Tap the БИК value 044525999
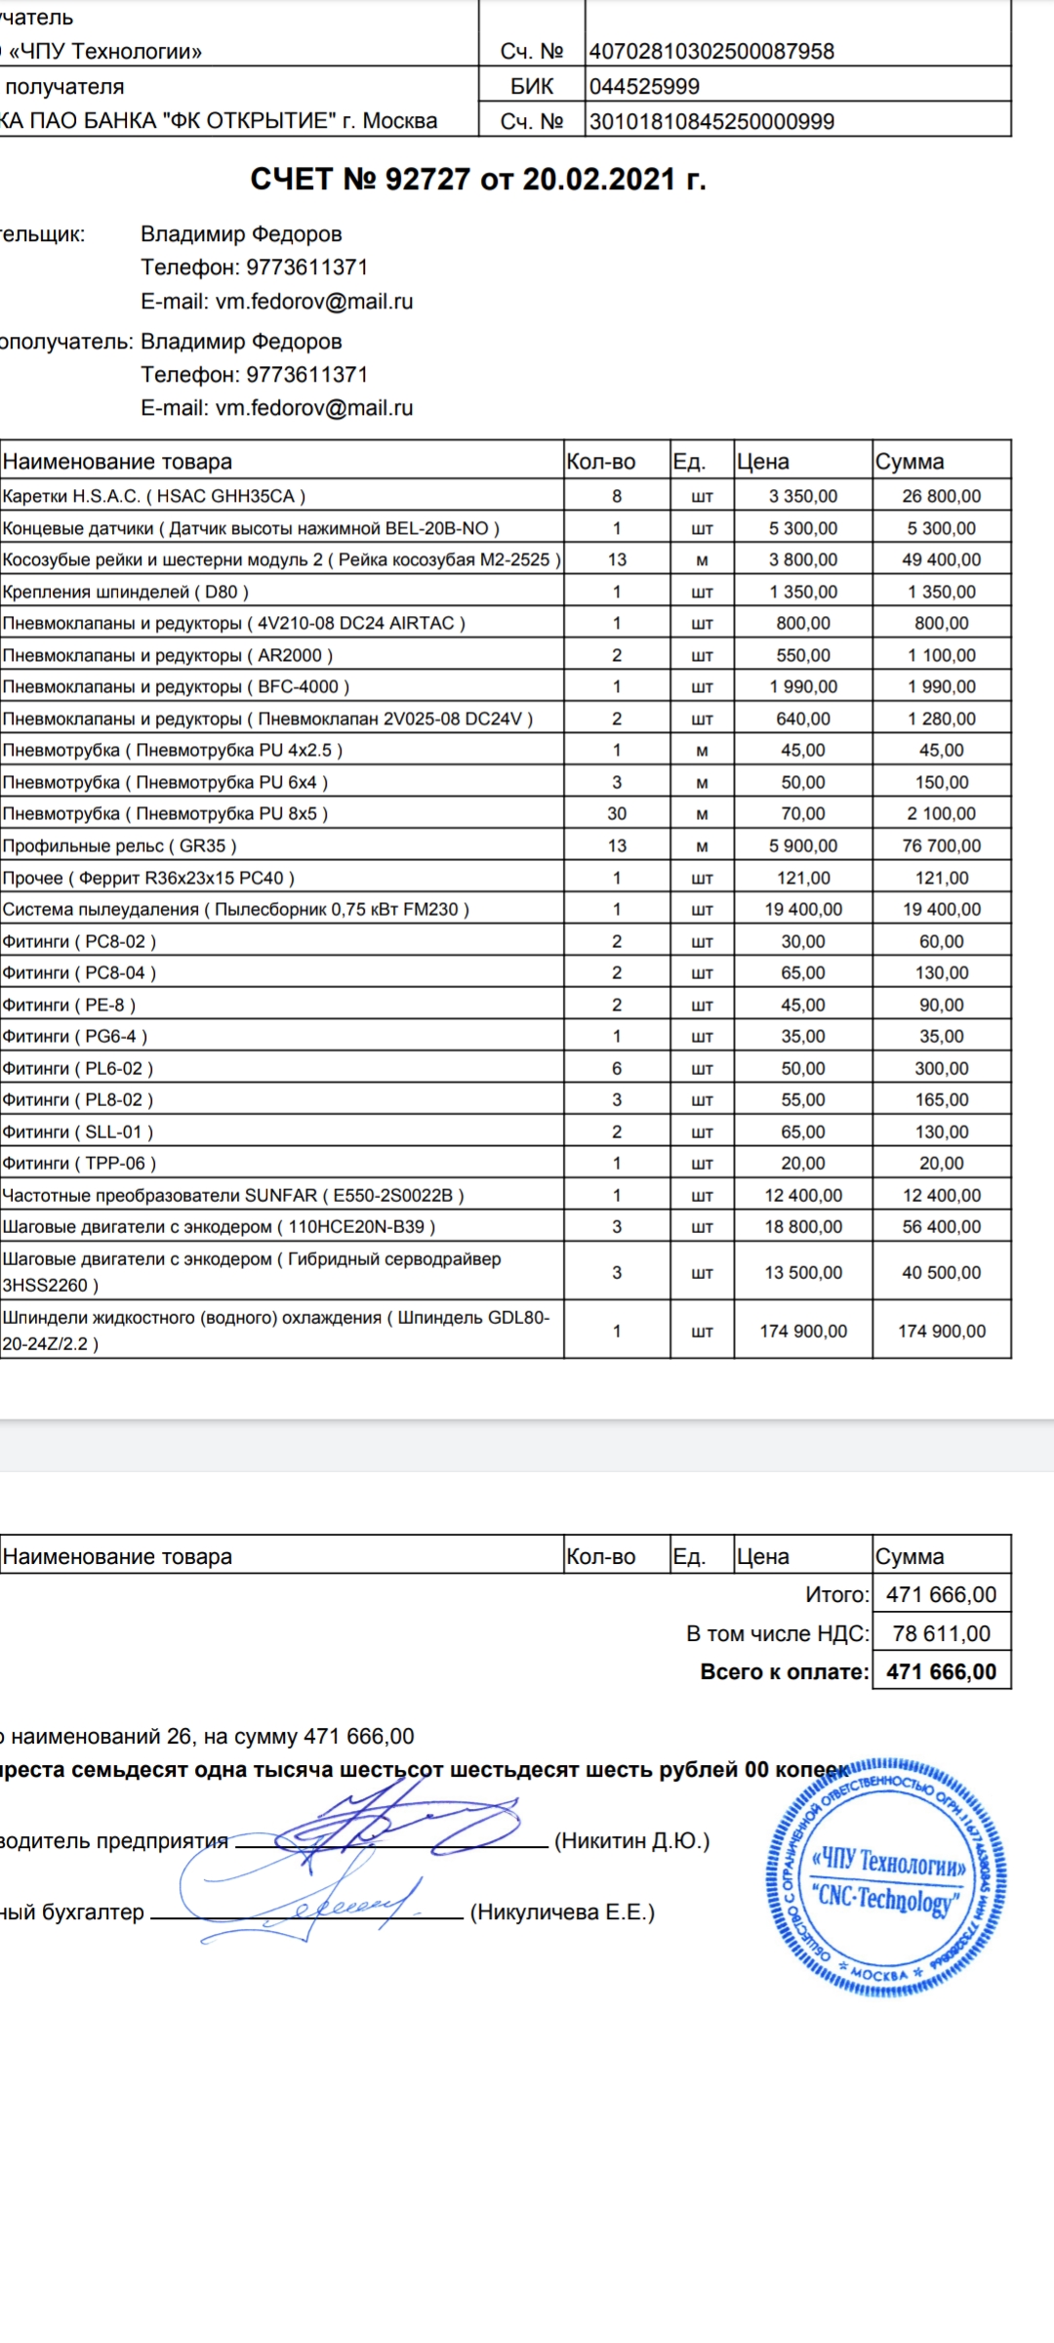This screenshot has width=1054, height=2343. (x=644, y=87)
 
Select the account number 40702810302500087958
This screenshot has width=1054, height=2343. (x=711, y=52)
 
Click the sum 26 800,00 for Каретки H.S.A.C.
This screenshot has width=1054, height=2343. (x=941, y=496)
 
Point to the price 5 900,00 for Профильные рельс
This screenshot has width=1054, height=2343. (x=802, y=845)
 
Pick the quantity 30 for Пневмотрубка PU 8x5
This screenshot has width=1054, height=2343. (x=617, y=813)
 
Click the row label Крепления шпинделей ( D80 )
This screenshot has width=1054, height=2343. (x=126, y=592)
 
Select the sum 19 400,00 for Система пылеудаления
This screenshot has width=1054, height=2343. (x=941, y=909)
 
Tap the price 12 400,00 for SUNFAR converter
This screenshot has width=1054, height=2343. (x=802, y=1195)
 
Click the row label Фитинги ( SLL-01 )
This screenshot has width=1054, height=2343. (x=78, y=1131)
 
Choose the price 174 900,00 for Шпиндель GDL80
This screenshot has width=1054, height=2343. (x=802, y=1331)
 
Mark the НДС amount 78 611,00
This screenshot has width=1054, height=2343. (x=941, y=1633)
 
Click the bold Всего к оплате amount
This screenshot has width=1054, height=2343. (x=941, y=1671)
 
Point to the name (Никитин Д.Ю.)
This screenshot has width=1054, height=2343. (x=631, y=1841)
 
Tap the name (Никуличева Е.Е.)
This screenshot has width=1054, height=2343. (x=562, y=1912)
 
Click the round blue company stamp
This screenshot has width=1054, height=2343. (x=885, y=1877)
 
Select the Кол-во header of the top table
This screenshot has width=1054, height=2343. (x=600, y=462)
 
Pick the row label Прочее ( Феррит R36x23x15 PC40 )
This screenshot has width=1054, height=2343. (x=148, y=878)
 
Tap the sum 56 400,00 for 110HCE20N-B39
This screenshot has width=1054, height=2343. (x=941, y=1226)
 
